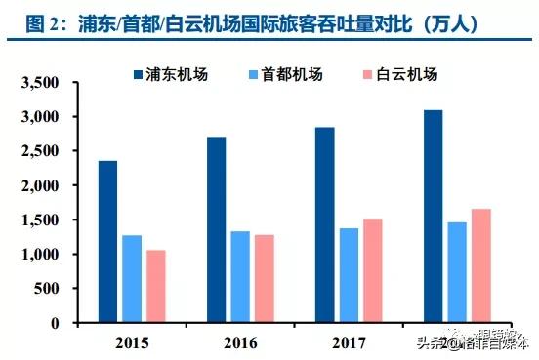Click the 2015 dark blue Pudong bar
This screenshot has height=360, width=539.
[107, 241]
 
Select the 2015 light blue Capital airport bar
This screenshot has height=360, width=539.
[132, 278]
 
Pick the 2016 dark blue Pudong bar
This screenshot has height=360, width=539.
[216, 229]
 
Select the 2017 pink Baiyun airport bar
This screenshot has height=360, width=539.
[372, 270]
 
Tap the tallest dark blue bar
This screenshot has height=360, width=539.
[433, 216]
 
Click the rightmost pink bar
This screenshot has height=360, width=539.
[480, 265]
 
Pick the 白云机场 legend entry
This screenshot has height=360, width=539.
[400, 74]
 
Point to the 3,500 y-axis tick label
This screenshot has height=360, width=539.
[45, 82]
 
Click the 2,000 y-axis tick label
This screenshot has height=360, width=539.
[45, 185]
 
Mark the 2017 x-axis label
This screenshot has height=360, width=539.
[349, 341]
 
